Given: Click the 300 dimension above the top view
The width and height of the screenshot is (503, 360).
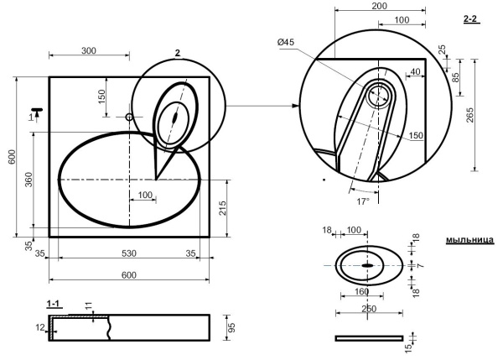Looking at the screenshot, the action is pos(89,50).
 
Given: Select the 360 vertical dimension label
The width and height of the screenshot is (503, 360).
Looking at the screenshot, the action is pos(29,180).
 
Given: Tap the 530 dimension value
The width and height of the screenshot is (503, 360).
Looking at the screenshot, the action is pos(129,253).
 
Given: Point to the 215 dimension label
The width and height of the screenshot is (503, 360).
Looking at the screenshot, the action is pos(222,208).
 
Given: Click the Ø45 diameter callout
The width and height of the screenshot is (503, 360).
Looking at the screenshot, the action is pos(286,42).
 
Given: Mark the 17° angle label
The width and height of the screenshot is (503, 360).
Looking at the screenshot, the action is pos(363,201).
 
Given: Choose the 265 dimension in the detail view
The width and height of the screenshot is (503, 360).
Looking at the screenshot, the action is pos(470,115).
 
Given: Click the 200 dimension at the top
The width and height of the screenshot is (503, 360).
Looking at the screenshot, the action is pos(380,6).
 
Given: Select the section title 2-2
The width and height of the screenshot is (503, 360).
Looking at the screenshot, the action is pos(470,19).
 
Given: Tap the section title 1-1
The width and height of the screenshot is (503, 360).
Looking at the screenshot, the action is pos(54,304).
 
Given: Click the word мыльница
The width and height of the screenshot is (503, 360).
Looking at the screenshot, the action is pos(470,240).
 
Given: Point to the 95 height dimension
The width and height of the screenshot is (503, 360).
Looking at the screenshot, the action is pos(231,327).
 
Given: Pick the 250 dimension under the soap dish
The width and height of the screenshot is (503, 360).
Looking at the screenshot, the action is pos(369,309).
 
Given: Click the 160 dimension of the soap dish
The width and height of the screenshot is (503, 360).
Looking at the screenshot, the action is pos(362,291).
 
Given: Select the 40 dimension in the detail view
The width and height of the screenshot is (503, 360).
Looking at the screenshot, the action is pos(415,71).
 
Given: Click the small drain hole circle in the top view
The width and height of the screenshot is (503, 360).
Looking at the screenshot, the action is pos(129,117).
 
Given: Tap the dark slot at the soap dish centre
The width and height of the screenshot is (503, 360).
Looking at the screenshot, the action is pos(367,265).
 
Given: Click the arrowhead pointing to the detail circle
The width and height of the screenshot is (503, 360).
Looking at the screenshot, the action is pos(296,106).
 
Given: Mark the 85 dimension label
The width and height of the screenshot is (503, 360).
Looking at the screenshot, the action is pos(455,77).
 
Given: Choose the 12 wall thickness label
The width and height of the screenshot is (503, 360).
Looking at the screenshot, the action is pos(40,327).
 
